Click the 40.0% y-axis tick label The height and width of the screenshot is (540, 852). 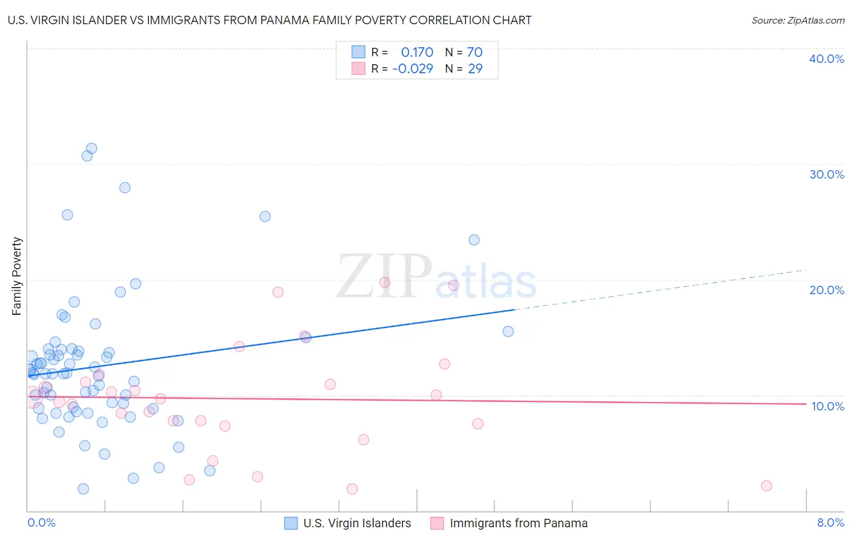(x=826, y=59)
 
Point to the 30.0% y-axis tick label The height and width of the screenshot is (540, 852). (x=826, y=174)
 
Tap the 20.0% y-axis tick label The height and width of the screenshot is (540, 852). (x=826, y=290)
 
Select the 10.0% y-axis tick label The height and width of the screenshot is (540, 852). (x=827, y=406)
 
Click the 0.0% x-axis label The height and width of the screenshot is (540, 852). (x=41, y=522)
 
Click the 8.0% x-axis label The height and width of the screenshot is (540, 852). (x=830, y=522)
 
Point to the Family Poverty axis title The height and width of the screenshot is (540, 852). (x=17, y=276)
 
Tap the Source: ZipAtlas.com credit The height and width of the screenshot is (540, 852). (x=797, y=20)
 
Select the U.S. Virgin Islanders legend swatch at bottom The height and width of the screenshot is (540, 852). (x=291, y=523)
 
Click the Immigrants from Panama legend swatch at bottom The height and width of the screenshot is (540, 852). (x=438, y=523)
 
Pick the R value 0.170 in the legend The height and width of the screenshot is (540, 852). (x=417, y=52)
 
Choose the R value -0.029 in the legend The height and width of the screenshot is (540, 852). (x=413, y=68)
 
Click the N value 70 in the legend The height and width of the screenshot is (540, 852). (x=474, y=52)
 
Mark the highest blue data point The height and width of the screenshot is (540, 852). (x=92, y=148)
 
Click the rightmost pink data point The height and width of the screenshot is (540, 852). (x=766, y=486)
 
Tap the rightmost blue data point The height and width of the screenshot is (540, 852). (x=508, y=331)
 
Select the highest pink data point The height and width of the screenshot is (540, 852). (x=384, y=282)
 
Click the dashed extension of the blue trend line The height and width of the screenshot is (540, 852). (x=661, y=289)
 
